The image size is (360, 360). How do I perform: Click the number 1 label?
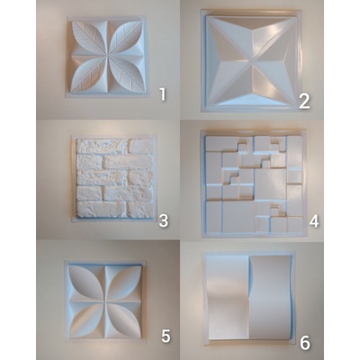pyautogui.click(x=163, y=94)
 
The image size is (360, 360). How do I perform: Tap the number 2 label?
pyautogui.click(x=304, y=102)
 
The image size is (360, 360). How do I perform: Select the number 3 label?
pyautogui.click(x=163, y=221)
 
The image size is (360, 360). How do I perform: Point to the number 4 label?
pyautogui.click(x=314, y=221)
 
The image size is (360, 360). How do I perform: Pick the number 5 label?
pyautogui.click(x=166, y=336)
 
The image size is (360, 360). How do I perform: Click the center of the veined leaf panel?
pyautogui.click(x=107, y=56)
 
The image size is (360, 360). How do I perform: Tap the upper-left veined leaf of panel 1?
pyautogui.click(x=89, y=38)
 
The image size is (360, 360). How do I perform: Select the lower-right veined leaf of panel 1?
pyautogui.click(x=125, y=74)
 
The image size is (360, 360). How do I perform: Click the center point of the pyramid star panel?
pyautogui.click(x=251, y=61)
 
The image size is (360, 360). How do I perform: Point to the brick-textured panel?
pyautogui.click(x=114, y=178)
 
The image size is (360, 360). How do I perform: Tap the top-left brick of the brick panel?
pyautogui.click(x=102, y=146)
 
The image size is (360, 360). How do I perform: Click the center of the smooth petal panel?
pyautogui.click(x=105, y=301)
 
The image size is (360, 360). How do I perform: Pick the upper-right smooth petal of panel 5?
pyautogui.click(x=123, y=283)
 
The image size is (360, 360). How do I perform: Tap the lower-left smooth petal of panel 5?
pyautogui.click(x=87, y=319)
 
